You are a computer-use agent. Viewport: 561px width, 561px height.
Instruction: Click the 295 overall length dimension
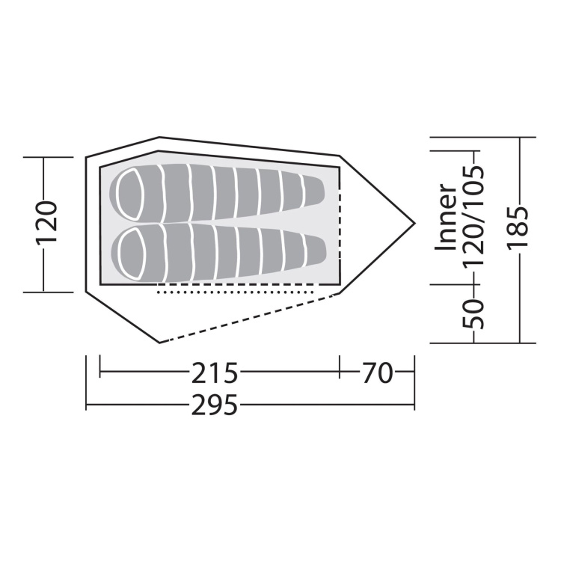pyautogui.click(x=215, y=405)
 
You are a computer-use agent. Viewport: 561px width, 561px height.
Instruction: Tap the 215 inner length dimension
pyautogui.click(x=215, y=373)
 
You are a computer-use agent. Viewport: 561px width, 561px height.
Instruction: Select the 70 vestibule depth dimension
pyautogui.click(x=378, y=373)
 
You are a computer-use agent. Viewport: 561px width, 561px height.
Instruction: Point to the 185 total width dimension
pyautogui.click(x=518, y=227)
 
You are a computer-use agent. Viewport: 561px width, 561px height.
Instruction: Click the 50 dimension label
pyautogui.click(x=473, y=313)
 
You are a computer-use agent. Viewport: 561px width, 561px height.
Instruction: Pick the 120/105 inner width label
pyautogui.click(x=473, y=215)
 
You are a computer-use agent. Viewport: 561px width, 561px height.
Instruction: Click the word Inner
pyautogui.click(x=446, y=217)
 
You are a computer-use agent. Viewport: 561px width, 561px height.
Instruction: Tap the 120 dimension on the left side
pyautogui.click(x=46, y=222)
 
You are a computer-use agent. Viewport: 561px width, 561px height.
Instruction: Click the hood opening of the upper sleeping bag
pyautogui.click(x=129, y=194)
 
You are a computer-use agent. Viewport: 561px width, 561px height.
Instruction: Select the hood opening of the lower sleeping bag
pyautogui.click(x=131, y=255)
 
